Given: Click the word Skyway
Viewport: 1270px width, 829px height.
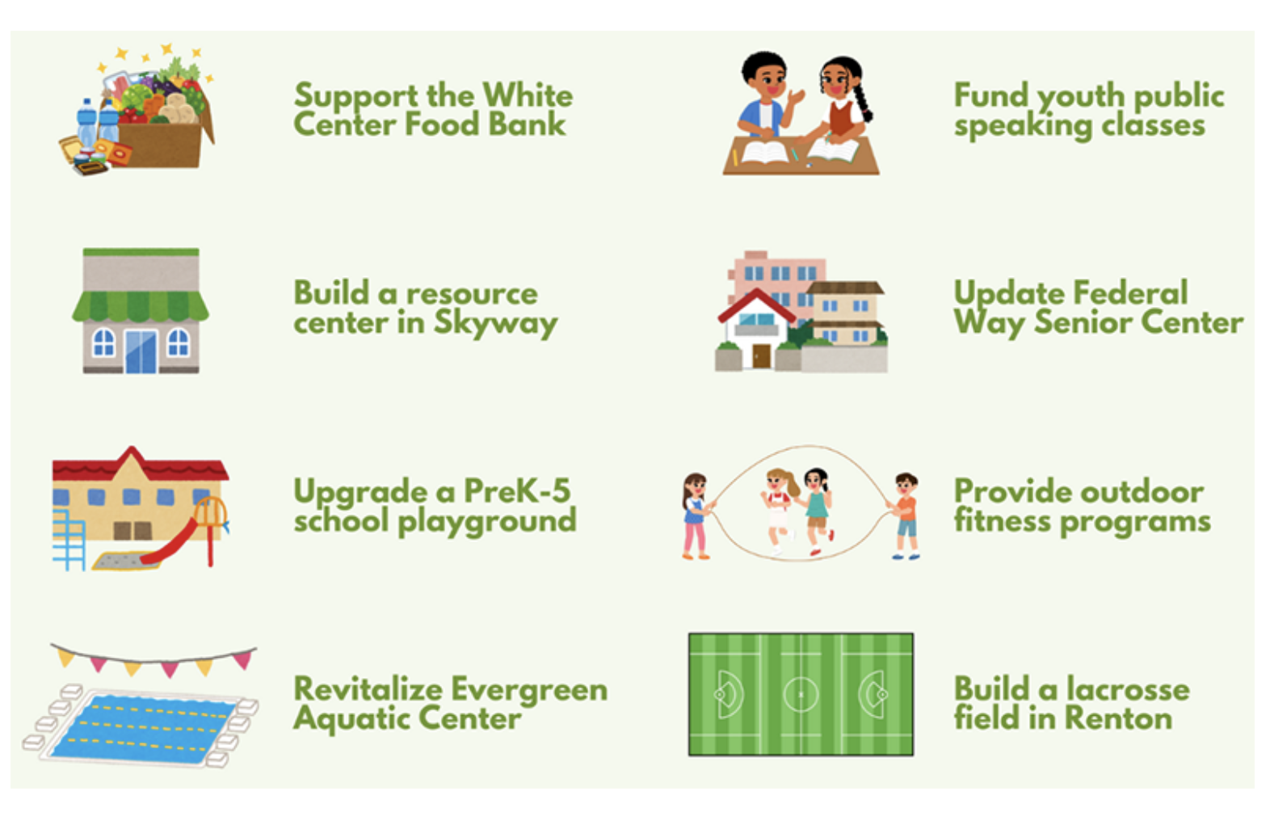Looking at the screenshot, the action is click(x=495, y=324).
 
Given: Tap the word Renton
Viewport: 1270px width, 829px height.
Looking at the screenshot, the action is click(x=1118, y=718).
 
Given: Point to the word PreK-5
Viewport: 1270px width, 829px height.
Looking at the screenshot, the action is click(x=517, y=491).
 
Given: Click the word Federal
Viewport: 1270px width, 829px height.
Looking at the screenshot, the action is click(x=1130, y=293).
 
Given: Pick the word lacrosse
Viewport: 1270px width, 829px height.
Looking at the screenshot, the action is click(x=1129, y=689).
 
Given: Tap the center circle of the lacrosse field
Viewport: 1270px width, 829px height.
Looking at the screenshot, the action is click(x=801, y=694).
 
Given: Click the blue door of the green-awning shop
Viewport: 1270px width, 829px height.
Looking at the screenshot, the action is click(x=141, y=352).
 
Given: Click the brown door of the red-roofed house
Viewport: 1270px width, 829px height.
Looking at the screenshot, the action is click(x=761, y=356).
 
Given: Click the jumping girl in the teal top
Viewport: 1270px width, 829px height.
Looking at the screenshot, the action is click(x=817, y=511).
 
